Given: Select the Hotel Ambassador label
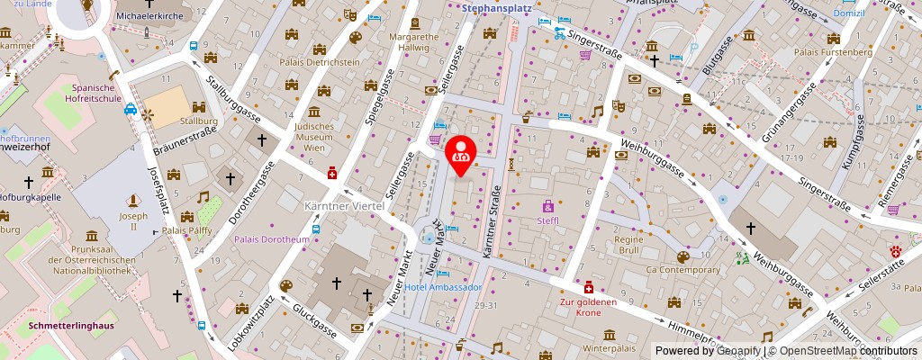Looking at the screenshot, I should pos(443,287).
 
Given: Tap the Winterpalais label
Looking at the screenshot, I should pos(610,347).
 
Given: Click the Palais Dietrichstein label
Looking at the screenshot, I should pos(322,62).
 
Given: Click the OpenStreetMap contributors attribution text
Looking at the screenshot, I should pos(845,350).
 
